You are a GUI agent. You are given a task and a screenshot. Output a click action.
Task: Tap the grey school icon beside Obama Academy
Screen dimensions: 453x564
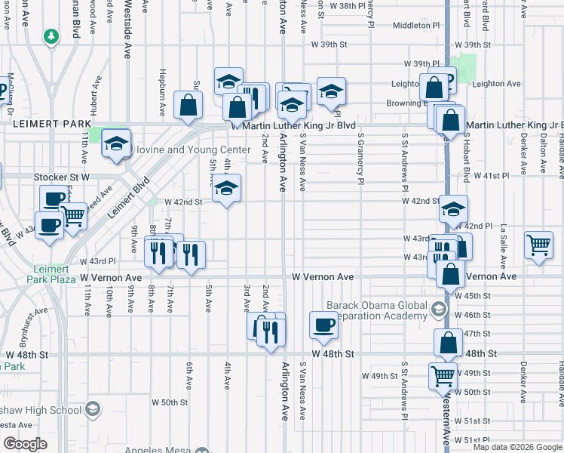tap(438, 308)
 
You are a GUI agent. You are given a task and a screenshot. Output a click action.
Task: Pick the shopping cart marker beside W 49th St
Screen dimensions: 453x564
tap(443, 374)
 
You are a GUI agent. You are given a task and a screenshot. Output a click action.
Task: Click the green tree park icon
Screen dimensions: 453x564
tap(51, 35)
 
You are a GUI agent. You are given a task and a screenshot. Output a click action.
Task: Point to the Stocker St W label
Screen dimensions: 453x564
tap(62, 177)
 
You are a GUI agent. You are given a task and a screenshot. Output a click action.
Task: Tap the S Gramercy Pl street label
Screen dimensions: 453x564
tap(360, 159)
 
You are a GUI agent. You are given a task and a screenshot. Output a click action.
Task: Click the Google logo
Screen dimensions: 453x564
tap(26, 444)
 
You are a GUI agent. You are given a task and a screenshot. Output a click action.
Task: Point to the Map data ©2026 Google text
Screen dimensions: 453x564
tap(517, 447)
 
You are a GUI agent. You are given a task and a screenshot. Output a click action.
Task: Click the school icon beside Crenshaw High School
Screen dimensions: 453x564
tap(92, 410)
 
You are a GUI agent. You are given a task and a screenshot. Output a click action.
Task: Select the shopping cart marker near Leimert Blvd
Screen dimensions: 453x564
tap(73, 215)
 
